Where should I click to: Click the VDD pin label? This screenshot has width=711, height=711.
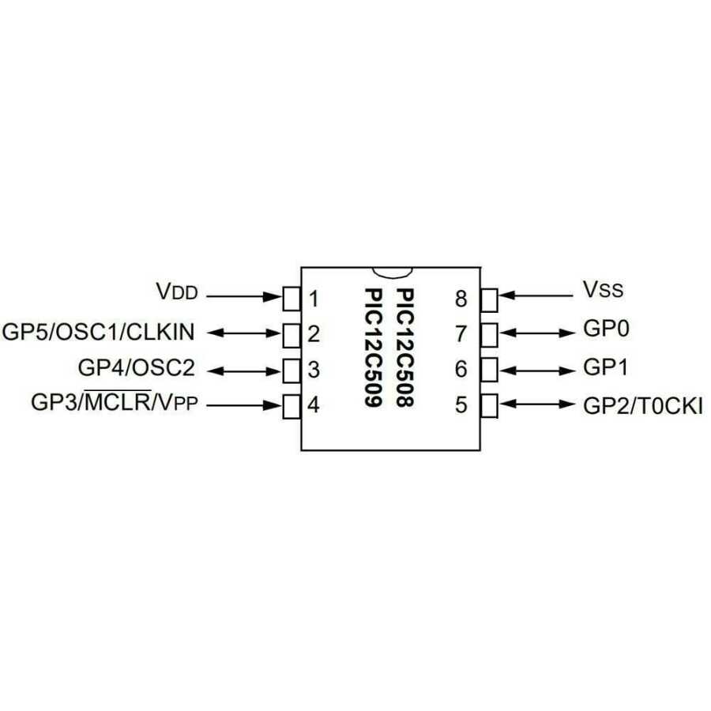176,292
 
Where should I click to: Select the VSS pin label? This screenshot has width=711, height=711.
604,290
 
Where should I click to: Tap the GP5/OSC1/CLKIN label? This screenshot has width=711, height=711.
99,332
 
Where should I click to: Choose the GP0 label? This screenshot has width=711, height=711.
606,328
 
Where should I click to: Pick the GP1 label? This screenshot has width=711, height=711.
606,367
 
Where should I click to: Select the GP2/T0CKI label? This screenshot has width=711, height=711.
643,406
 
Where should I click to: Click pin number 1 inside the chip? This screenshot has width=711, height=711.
314,299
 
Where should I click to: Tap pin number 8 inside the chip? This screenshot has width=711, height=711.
461,299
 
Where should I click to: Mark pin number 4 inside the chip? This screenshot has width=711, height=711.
314,406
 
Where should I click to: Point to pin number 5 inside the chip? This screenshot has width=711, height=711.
461,406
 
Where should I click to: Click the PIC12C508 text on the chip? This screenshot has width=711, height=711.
405,348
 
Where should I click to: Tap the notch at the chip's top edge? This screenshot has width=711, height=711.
391,272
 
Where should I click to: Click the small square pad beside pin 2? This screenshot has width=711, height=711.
292,334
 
